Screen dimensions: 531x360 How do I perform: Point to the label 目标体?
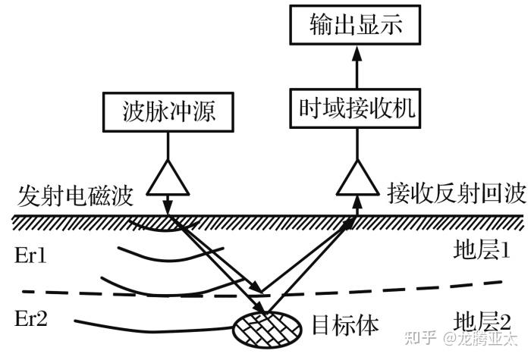point(345,325)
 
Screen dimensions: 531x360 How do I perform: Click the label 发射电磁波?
point(75,196)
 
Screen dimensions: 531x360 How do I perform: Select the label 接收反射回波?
point(457,193)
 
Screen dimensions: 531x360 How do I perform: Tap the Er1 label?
point(30,255)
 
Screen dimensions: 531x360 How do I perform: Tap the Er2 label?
point(31,318)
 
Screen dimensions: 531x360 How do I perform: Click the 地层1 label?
point(482,250)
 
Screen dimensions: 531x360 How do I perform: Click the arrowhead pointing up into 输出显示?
point(357,54)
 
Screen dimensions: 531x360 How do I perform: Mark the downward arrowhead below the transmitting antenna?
point(168,206)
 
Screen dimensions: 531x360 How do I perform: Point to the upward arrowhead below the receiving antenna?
point(357,203)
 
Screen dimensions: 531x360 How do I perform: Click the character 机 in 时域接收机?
point(404,108)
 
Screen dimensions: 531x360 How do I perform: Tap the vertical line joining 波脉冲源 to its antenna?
point(168,146)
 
